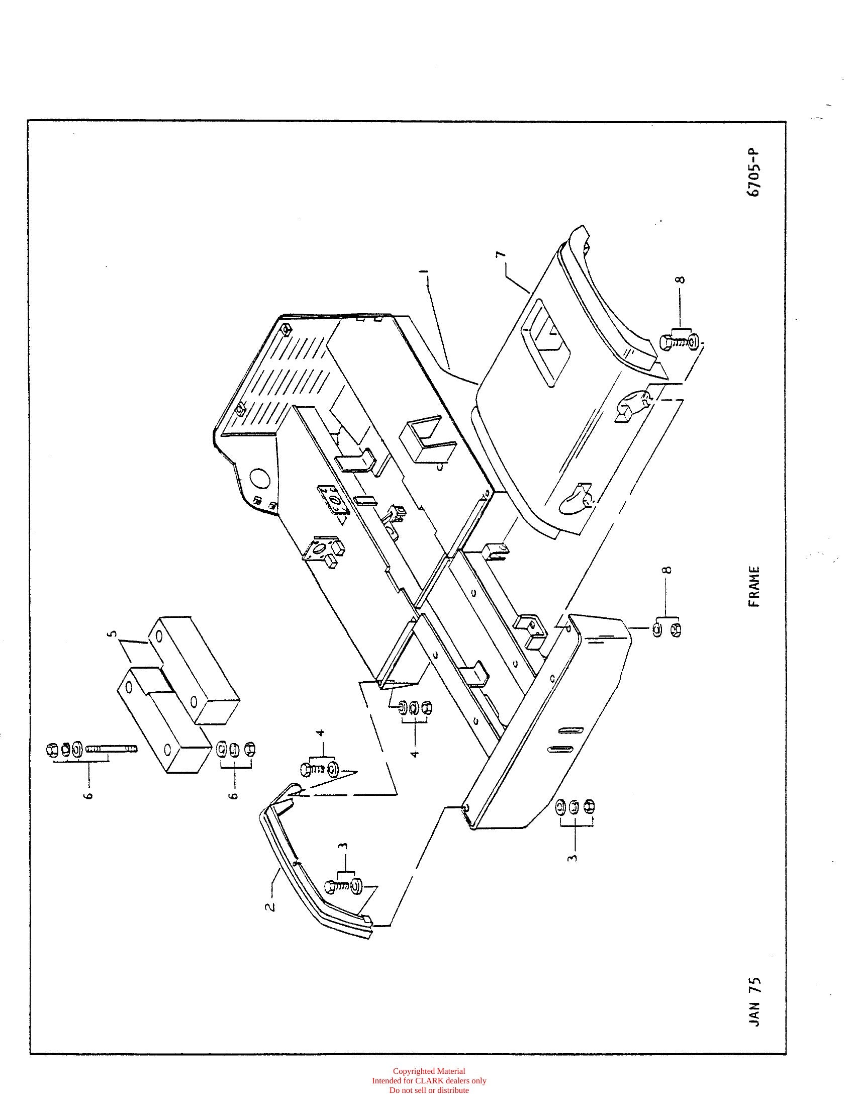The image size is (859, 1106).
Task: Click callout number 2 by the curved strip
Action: click(272, 905)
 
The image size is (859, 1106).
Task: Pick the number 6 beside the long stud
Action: click(89, 794)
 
